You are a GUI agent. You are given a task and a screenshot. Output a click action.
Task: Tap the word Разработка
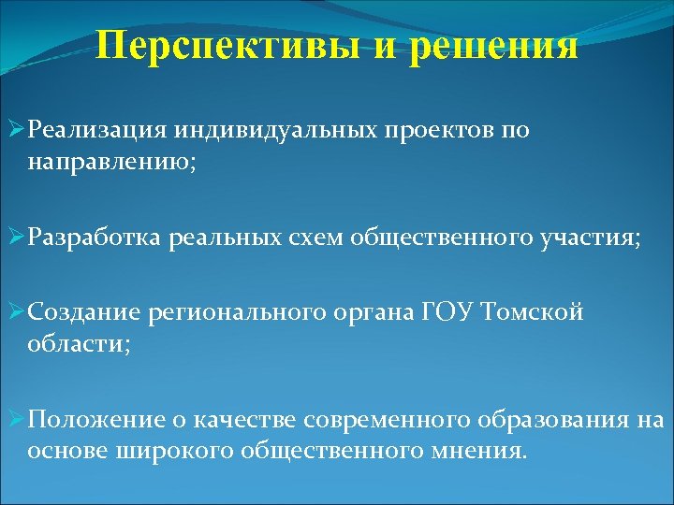coord(95,238)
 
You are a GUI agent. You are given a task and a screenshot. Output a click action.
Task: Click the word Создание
coord(81,313)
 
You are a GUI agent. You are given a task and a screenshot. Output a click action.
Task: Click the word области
coord(79,343)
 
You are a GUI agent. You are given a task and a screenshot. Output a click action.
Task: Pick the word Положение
coord(93,421)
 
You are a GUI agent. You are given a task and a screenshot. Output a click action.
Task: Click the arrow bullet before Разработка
coord(15,238)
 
